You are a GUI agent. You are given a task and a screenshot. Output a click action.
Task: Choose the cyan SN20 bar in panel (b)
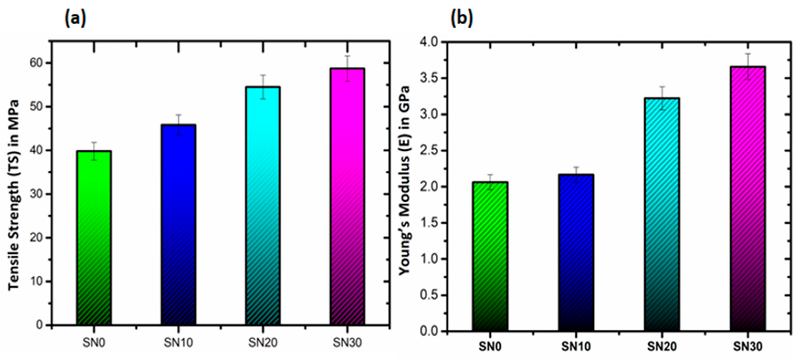[x=662, y=214]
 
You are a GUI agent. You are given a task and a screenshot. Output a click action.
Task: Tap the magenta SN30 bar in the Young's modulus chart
[x=748, y=199]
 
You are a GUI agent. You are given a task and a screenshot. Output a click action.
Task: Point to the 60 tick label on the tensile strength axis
[x=36, y=63]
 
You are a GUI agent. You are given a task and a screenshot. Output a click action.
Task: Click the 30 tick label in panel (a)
[x=36, y=194]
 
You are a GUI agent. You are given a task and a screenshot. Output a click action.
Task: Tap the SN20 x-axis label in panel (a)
[x=263, y=343]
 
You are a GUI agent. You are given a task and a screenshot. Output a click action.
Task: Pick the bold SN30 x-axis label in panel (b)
[x=748, y=346]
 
